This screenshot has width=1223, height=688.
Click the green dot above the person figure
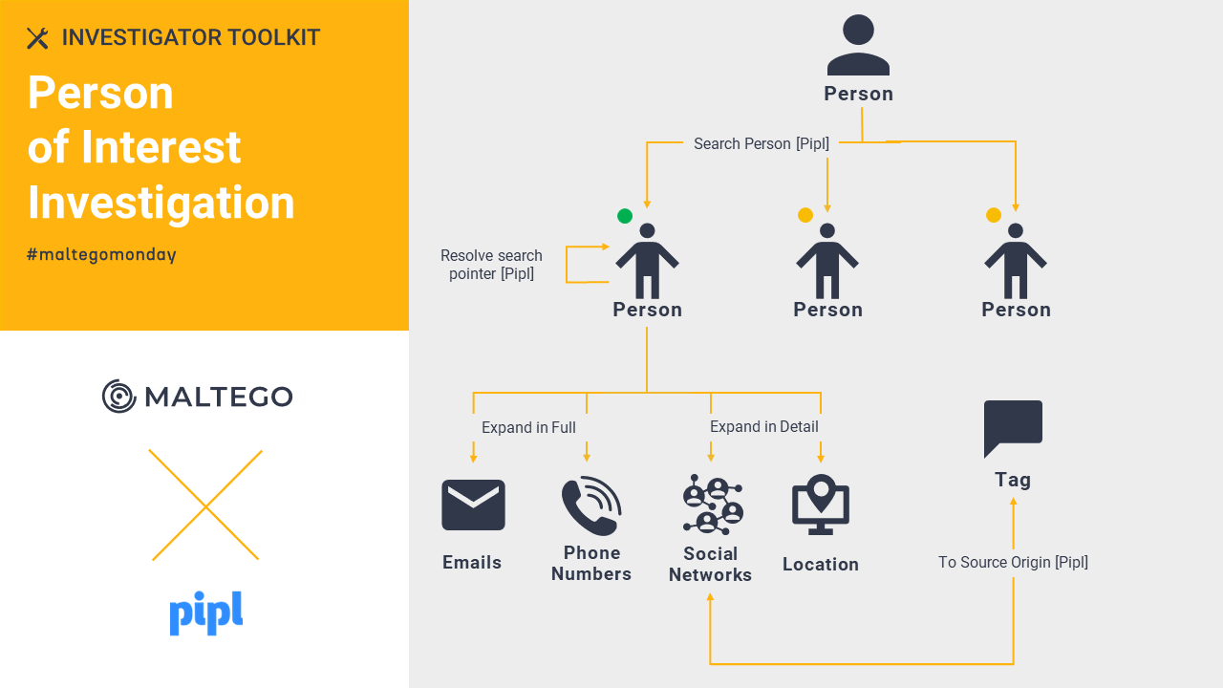click(x=625, y=216)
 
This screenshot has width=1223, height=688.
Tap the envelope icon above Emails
click(x=473, y=505)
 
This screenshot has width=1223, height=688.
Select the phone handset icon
click(x=591, y=506)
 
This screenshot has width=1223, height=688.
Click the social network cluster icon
click(x=713, y=504)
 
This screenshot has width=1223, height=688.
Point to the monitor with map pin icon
click(x=821, y=505)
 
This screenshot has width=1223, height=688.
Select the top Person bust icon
click(x=858, y=45)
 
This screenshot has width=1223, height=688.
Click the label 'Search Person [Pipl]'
click(x=762, y=143)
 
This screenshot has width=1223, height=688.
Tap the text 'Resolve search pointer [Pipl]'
click(x=491, y=265)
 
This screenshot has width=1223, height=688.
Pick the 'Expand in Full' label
click(x=528, y=427)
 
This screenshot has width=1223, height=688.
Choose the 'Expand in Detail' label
click(x=763, y=426)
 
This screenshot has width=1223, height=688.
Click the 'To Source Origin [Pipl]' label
click(x=1013, y=562)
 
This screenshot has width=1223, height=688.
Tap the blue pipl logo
click(x=205, y=613)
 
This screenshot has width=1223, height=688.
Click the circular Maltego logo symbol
click(x=118, y=396)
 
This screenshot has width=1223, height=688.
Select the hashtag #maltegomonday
click(x=101, y=254)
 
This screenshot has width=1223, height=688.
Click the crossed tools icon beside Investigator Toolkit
click(x=37, y=38)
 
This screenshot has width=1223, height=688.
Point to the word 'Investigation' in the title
click(x=161, y=203)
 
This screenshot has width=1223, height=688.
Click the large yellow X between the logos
click(x=205, y=505)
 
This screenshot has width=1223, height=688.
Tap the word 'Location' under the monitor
click(x=821, y=564)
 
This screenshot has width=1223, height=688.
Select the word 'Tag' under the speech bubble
click(x=1013, y=480)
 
